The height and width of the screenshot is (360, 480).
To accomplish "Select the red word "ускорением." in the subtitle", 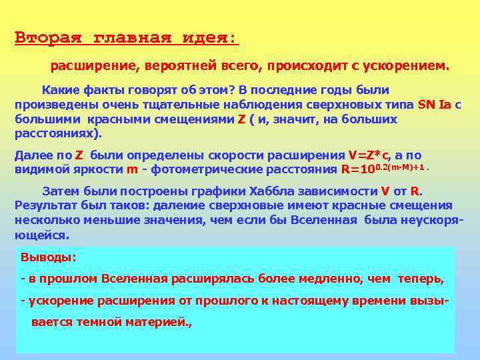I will coord(414,67).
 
